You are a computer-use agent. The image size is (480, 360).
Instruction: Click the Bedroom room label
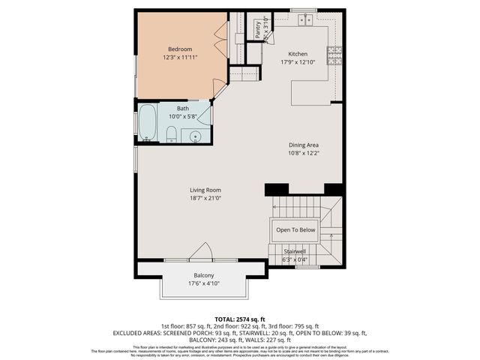coord(179,49)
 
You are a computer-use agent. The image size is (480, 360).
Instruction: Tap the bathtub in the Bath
coord(147,124)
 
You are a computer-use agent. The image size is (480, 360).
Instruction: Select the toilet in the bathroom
coord(171,134)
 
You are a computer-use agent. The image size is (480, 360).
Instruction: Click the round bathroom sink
coord(196,136)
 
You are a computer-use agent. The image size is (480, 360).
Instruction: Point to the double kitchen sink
coord(305,19)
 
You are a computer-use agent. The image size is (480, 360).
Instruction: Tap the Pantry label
coord(258,29)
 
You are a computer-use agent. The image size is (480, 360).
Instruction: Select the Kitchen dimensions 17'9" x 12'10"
coord(298,62)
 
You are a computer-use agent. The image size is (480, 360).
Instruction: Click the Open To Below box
coord(295,230)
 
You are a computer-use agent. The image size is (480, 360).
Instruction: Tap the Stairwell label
coord(295,251)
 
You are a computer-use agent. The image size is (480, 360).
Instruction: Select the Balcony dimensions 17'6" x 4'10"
coord(204,283)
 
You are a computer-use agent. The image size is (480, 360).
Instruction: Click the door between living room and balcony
coord(201,252)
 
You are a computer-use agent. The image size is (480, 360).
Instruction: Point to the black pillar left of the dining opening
coord(276,189)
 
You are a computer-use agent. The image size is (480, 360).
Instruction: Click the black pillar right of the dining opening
coord(334,189)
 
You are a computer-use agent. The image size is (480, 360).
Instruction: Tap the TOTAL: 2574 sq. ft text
coord(239,319)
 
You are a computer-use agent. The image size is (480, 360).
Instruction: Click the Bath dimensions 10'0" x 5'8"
coord(186,116)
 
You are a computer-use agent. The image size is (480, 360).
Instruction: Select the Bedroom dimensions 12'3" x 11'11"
coord(179,57)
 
